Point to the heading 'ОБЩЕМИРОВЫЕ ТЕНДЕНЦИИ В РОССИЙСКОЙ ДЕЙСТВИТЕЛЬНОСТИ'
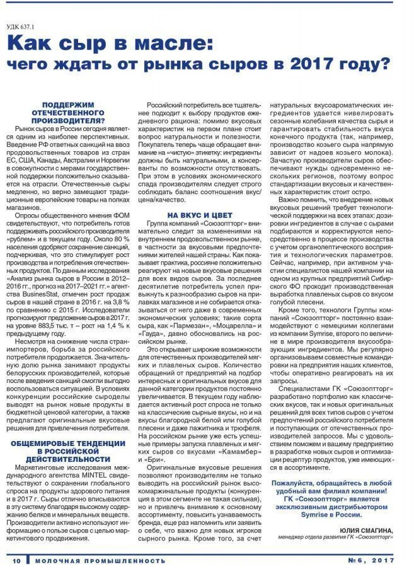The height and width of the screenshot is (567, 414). coord(69,451)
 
